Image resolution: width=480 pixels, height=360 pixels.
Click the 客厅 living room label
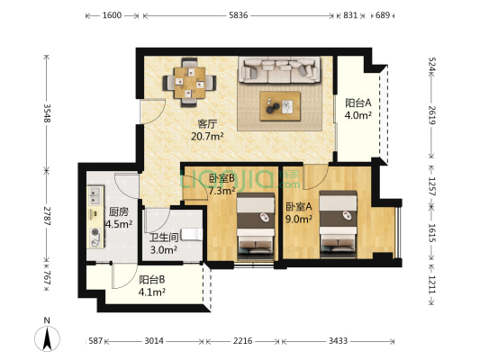click(x=207, y=124)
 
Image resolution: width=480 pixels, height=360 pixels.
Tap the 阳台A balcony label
click(x=358, y=103)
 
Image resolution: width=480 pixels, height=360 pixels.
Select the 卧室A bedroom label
click(x=299, y=207)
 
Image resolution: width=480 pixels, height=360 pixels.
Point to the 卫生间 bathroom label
click(x=164, y=238)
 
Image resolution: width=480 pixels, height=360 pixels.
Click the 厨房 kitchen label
click(x=119, y=211)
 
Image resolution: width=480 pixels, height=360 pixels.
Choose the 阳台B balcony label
click(x=152, y=280)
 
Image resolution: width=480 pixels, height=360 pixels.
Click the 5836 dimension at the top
click(x=239, y=15)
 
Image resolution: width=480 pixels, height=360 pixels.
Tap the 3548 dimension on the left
click(x=47, y=112)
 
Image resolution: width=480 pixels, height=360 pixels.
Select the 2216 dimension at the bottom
click(x=243, y=340)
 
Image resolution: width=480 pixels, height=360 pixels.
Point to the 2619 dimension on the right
click(x=431, y=114)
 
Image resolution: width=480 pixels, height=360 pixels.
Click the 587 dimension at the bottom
click(x=95, y=340)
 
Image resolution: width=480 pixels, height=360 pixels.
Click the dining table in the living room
click(x=189, y=83)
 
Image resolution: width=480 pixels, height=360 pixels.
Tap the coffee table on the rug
click(x=280, y=106)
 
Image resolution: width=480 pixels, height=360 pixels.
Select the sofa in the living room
click(x=279, y=70)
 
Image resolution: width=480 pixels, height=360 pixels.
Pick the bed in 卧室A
click(x=338, y=224)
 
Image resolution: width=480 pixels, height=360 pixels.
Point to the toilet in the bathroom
click(x=192, y=234)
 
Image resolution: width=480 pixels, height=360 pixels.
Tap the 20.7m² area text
click(x=207, y=137)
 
